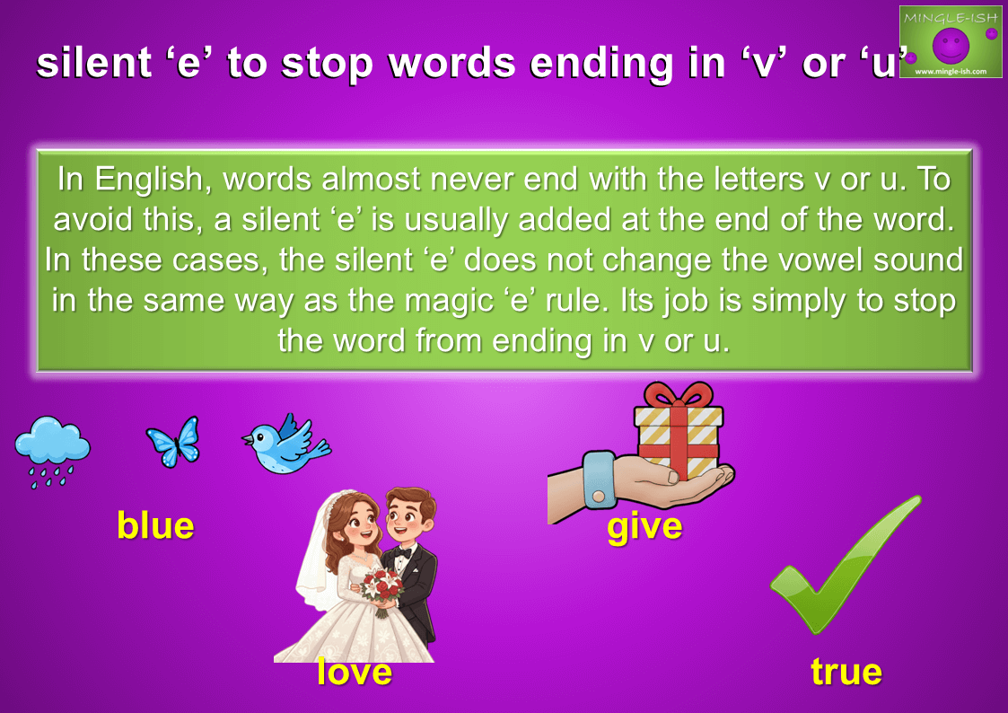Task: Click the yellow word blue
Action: [x=155, y=525]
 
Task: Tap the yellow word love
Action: [x=355, y=672]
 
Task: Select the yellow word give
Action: [x=644, y=528]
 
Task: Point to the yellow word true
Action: [x=846, y=672]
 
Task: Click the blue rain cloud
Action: [x=51, y=450]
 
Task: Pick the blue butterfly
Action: [x=173, y=442]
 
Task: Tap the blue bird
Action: [x=285, y=445]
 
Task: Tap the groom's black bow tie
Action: [x=403, y=551]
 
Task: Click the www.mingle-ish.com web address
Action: [x=951, y=71]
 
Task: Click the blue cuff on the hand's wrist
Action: [x=599, y=480]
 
